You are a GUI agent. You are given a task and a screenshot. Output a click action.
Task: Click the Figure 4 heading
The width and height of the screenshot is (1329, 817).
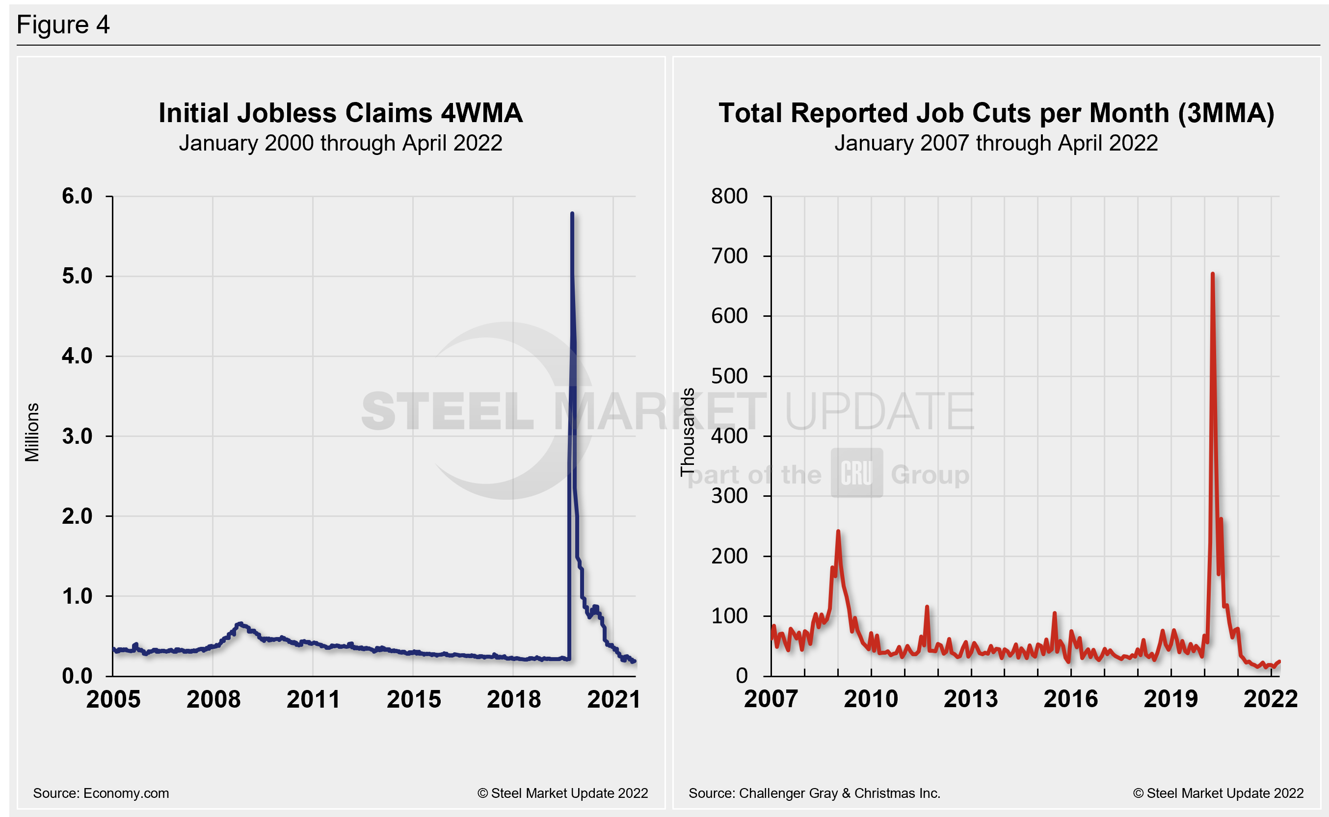(x=63, y=25)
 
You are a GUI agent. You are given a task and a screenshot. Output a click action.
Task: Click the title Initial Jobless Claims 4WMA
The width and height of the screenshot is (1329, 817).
(x=340, y=113)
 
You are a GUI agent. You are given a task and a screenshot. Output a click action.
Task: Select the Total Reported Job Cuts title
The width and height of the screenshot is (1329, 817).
(x=996, y=113)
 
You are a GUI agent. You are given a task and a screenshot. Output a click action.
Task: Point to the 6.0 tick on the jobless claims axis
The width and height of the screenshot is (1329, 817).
(x=78, y=196)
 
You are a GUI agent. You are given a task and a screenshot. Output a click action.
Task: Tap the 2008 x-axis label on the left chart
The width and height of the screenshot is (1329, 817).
(x=213, y=700)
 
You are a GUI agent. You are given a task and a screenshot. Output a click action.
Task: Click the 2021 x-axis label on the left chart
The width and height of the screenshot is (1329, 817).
(x=613, y=700)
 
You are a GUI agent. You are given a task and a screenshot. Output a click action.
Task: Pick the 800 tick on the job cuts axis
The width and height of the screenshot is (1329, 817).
(x=729, y=196)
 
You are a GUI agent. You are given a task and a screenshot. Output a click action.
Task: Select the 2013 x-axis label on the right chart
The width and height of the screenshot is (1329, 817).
(x=971, y=699)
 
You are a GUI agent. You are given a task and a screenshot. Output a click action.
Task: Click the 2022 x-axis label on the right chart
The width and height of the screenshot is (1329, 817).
(x=1270, y=699)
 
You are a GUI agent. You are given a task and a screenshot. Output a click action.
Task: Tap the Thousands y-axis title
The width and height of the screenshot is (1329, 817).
(x=687, y=432)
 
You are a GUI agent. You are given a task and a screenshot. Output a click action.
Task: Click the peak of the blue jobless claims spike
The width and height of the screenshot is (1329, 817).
(x=572, y=214)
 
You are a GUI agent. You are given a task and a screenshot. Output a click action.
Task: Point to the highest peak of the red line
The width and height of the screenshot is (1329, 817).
(x=1213, y=274)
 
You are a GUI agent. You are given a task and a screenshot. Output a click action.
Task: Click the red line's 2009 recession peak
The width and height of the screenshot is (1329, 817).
(x=838, y=531)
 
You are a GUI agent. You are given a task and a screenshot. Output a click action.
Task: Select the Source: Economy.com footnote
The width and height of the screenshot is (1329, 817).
(x=101, y=793)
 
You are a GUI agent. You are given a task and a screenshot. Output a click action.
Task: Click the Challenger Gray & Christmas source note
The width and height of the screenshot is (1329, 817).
(x=814, y=793)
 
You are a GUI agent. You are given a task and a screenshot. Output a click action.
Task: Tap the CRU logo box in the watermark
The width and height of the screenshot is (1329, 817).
(x=856, y=473)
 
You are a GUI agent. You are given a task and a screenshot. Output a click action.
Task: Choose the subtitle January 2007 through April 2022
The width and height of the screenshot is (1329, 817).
(x=996, y=143)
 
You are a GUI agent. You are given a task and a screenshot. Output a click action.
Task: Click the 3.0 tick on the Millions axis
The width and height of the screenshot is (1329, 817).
(x=78, y=436)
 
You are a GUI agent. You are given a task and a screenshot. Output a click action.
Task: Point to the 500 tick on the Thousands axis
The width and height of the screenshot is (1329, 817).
(x=729, y=376)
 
